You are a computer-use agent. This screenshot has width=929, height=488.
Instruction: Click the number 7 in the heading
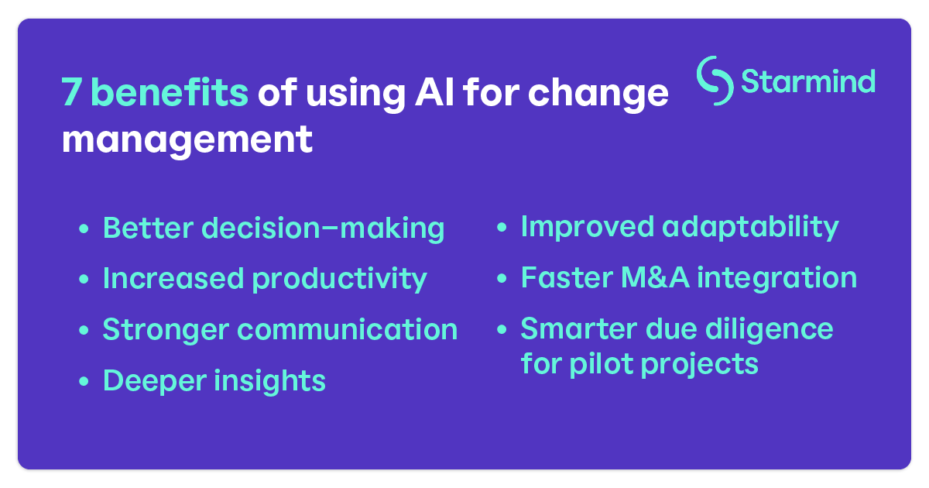pos(71,94)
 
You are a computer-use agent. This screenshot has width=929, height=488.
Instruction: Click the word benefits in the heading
pos(170,94)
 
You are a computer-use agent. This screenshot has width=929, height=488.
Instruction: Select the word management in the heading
pos(187,140)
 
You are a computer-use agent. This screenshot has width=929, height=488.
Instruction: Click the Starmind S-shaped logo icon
pos(715,80)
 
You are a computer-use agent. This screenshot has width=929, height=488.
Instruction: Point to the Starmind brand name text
pos(807,81)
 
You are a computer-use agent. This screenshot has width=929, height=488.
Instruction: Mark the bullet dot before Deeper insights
pos(84,382)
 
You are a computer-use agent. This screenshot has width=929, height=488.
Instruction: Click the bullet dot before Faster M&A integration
pos(502,279)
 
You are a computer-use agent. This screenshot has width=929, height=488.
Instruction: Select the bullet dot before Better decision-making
pos(84,229)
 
